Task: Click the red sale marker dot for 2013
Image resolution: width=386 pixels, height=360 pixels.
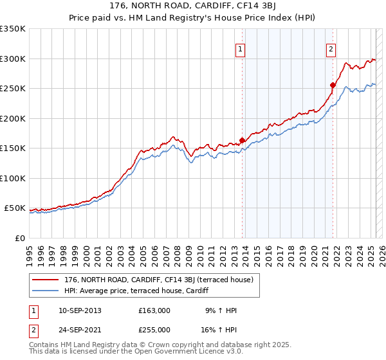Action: tap(243, 140)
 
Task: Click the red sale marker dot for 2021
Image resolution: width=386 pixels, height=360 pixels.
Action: tap(333, 85)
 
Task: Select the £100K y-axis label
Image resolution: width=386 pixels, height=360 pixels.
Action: tap(13, 178)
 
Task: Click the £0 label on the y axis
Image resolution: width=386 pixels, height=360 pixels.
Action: tap(19, 238)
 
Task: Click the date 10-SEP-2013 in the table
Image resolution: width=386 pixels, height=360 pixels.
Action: tap(79, 310)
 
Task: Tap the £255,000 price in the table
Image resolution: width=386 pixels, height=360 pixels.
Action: tap(154, 330)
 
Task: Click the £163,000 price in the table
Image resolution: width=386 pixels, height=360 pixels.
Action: tap(154, 310)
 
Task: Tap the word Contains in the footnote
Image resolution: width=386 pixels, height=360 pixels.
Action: tap(44, 345)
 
